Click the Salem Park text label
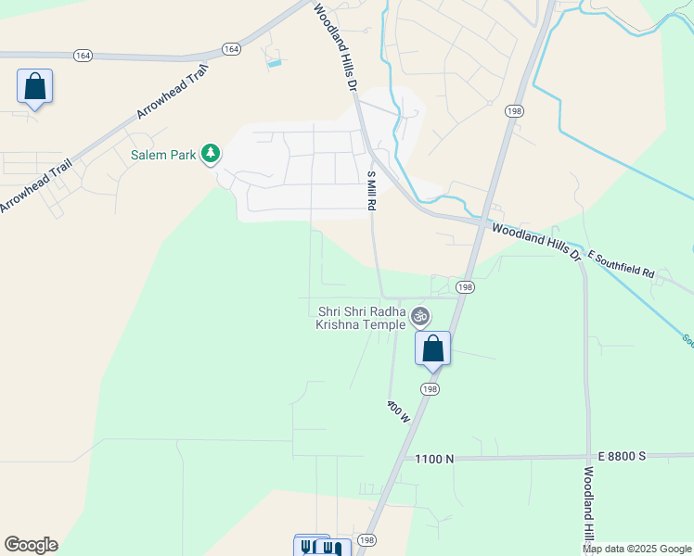point(163,155)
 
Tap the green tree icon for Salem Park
point(212,153)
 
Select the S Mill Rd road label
point(371,190)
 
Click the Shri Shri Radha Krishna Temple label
point(361,318)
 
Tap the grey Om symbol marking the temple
point(420,317)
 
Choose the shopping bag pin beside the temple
point(432,348)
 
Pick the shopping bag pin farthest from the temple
point(34,87)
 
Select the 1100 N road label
point(435,459)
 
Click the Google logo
point(31,545)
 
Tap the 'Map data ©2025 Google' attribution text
point(636,549)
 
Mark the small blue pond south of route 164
point(274,64)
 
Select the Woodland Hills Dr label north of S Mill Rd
point(335,44)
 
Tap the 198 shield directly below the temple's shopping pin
point(430,389)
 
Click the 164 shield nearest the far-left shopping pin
point(84,56)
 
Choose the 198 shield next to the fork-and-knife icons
point(367,540)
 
